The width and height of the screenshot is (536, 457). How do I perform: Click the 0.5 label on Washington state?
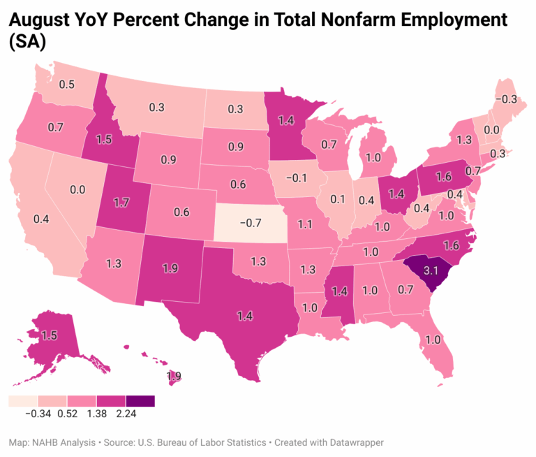click(x=68, y=85)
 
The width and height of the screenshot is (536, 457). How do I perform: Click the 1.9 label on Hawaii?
click(x=174, y=376)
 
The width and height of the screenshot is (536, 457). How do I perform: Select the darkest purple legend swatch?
click(x=140, y=401)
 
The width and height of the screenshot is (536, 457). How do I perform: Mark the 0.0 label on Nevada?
click(x=76, y=189)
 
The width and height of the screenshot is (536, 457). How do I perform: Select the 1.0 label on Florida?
click(x=432, y=340)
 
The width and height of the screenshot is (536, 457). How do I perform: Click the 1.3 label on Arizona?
click(x=115, y=263)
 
